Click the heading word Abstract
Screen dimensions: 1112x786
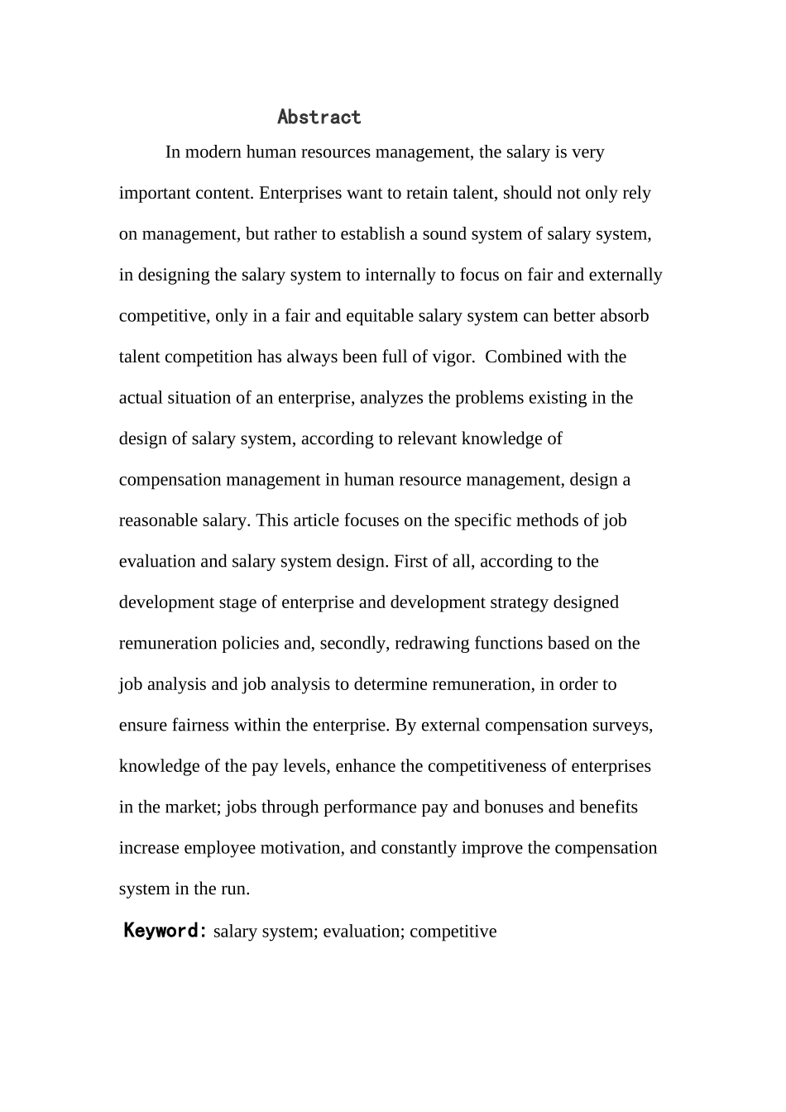click(x=319, y=117)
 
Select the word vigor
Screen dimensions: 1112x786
click(x=453, y=357)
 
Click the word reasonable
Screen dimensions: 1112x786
click(x=158, y=520)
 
